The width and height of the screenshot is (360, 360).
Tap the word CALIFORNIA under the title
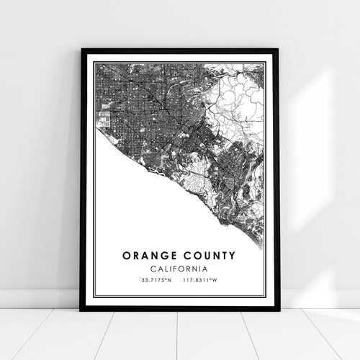tap(179, 268)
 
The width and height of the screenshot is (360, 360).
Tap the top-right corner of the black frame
tap(278, 50)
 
